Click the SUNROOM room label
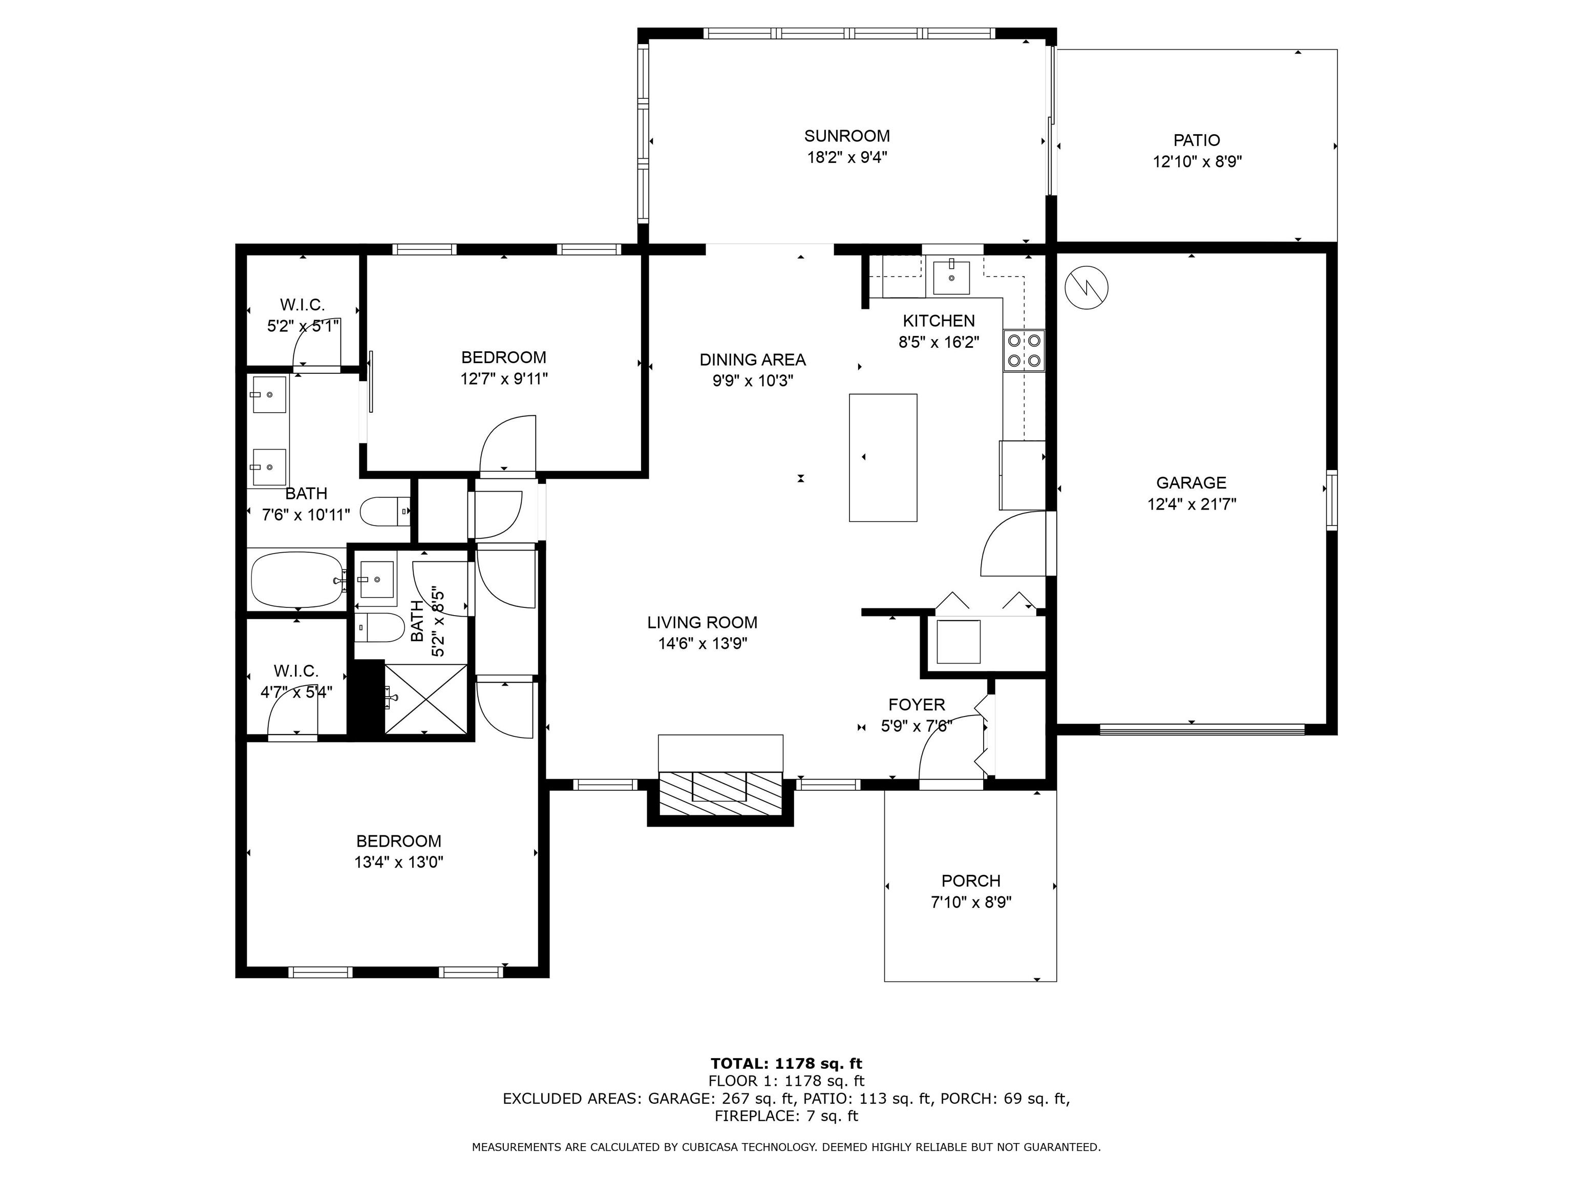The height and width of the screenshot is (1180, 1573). [x=846, y=136]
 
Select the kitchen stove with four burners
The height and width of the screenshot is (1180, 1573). [x=1024, y=351]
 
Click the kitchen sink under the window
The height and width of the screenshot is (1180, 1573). [x=951, y=278]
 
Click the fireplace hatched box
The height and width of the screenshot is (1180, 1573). [x=720, y=793]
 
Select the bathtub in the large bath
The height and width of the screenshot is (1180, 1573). [x=297, y=580]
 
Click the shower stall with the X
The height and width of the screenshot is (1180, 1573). [x=425, y=699]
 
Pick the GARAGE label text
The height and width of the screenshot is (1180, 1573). [x=1191, y=483]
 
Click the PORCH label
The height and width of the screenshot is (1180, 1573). [x=971, y=880]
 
